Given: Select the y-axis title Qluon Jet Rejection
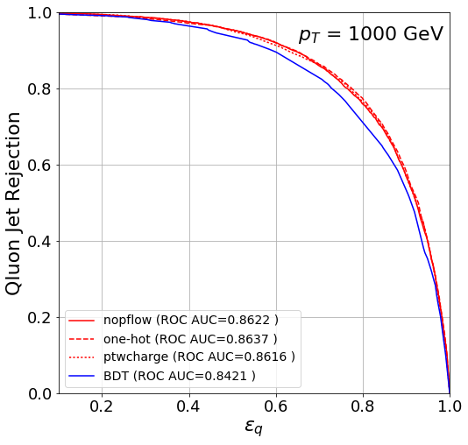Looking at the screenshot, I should click(15, 202).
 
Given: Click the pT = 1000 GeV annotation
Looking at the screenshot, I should click(371, 35).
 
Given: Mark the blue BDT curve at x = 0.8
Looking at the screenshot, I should click(363, 119).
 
